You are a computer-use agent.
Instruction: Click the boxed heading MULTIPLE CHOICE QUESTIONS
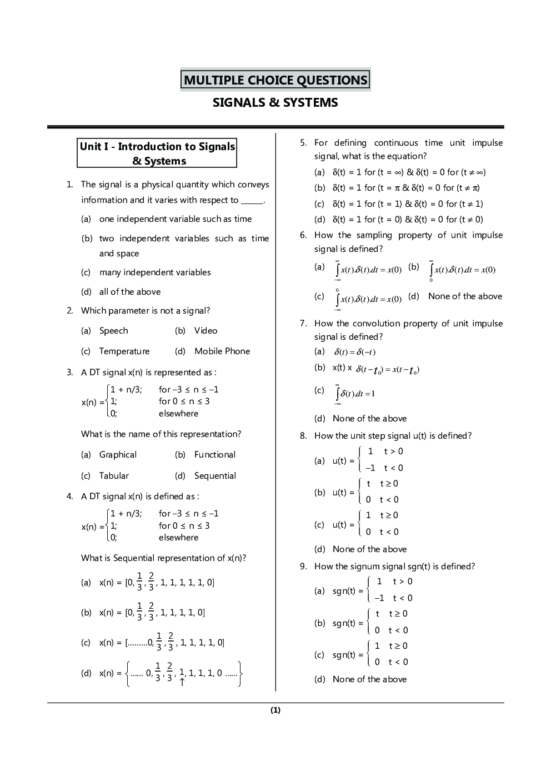tap(275, 80)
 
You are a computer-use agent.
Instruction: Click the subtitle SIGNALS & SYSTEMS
tap(275, 103)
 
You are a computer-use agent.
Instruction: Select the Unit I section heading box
tap(157, 153)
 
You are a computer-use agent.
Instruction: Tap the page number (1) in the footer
tap(275, 710)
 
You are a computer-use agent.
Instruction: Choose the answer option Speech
tap(113, 331)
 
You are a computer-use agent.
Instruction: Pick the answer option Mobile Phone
tap(222, 351)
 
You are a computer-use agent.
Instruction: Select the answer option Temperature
tap(124, 351)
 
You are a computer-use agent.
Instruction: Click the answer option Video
tap(206, 331)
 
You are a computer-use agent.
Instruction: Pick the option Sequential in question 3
tap(215, 476)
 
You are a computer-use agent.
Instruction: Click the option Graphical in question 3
tap(118, 455)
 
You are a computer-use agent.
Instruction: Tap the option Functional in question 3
tap(215, 455)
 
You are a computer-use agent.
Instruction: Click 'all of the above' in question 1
tap(130, 292)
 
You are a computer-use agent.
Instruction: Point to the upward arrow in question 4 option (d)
tap(182, 682)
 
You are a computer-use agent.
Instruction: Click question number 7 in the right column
tap(303, 324)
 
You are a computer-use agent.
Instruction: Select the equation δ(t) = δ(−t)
tap(354, 352)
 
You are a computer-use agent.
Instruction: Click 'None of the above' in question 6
tap(465, 296)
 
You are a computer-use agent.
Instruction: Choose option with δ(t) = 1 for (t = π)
tap(406, 188)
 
